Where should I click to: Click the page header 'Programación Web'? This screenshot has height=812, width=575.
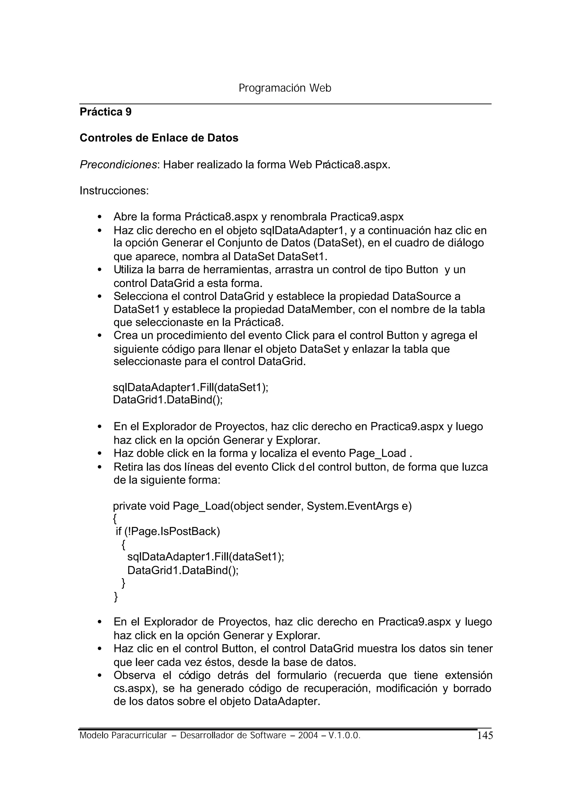coord(285,88)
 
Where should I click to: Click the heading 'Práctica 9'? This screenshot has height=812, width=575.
coord(106,112)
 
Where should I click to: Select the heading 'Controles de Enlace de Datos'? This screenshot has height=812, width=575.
coord(159,138)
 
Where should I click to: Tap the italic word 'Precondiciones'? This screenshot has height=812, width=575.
coord(118,164)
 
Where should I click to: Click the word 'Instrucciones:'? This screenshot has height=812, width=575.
coord(114,191)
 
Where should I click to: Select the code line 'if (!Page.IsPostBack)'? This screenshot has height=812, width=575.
coord(168,532)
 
